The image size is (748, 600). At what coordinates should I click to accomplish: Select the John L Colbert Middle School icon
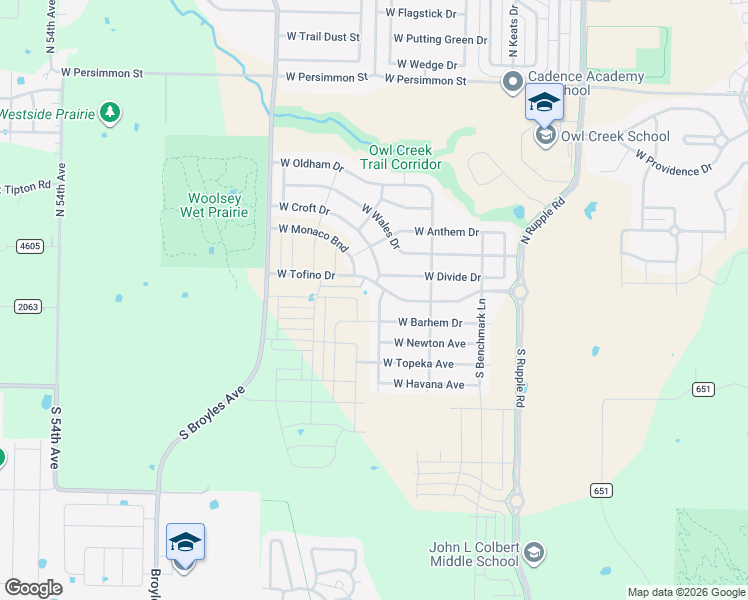[534, 551]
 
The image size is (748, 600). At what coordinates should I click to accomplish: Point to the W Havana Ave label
[429, 384]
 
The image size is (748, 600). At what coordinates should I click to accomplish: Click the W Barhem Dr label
[430, 323]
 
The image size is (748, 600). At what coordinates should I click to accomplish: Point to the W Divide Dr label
[452, 276]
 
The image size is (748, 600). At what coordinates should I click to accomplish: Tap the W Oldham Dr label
[311, 164]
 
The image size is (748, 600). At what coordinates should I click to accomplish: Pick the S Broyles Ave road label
[212, 414]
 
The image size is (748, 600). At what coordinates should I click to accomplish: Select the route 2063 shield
[27, 307]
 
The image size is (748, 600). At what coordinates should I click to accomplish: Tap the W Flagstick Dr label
[421, 14]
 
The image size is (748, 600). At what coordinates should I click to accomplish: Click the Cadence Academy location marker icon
[512, 81]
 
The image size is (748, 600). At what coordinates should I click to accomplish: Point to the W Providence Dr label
[673, 163]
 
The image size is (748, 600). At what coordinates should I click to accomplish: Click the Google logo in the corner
[33, 588]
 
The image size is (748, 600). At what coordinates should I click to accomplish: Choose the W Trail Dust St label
[322, 36]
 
